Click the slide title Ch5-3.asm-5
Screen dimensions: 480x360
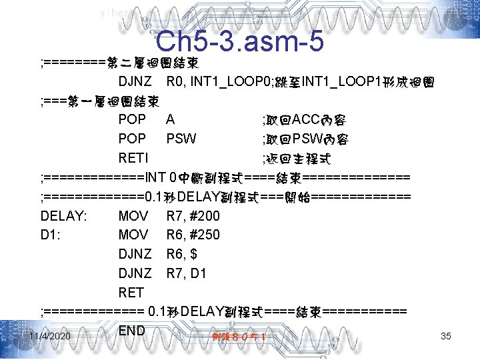pos(239,41)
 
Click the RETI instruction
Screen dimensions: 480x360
pos(133,159)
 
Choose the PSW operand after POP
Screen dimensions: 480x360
pos(181,139)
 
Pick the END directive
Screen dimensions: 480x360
pos(132,331)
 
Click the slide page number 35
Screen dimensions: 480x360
pos(446,336)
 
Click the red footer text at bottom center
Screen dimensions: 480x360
pos(239,337)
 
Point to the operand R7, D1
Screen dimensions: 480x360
pos(186,273)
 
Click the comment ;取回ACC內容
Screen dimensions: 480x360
pos(303,121)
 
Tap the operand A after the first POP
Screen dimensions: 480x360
pos(171,121)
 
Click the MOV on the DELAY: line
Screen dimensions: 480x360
pos(133,216)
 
